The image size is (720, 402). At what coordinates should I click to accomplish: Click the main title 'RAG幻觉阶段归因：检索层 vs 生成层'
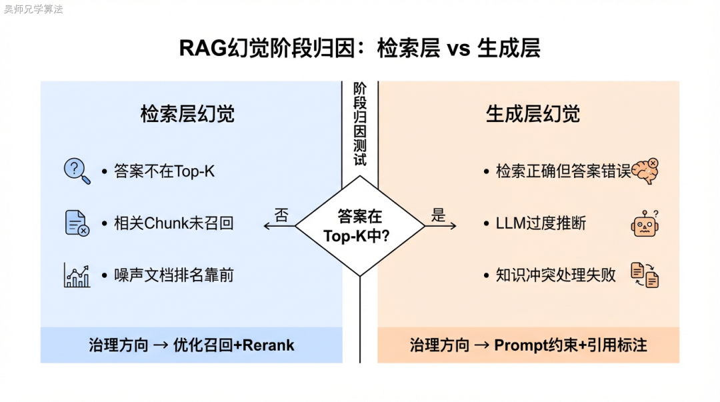(x=359, y=49)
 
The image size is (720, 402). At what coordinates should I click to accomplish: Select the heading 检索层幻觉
(x=187, y=114)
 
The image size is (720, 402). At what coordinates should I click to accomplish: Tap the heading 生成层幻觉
(x=533, y=114)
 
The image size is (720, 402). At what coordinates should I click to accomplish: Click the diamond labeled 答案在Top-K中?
(x=359, y=226)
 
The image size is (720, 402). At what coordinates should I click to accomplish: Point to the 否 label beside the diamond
(x=282, y=215)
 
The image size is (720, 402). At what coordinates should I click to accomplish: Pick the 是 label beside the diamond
(x=438, y=215)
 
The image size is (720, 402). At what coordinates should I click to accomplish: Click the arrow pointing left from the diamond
(x=279, y=227)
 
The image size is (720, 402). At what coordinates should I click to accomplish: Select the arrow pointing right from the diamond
(x=441, y=227)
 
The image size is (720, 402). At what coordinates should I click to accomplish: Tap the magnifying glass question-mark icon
(x=77, y=171)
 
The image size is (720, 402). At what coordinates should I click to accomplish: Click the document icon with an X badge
(x=77, y=223)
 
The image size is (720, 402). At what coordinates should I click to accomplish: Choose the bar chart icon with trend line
(x=77, y=275)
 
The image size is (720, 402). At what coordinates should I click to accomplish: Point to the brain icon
(x=645, y=171)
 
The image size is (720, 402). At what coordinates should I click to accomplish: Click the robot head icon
(x=645, y=223)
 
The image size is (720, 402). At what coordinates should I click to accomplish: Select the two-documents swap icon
(x=645, y=275)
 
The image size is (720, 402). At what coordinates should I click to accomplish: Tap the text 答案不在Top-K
(x=164, y=171)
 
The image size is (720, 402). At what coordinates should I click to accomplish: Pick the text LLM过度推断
(x=541, y=223)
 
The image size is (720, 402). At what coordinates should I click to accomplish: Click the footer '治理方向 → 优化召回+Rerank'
(x=191, y=345)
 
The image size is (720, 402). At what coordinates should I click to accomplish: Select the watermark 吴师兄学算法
(x=33, y=9)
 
